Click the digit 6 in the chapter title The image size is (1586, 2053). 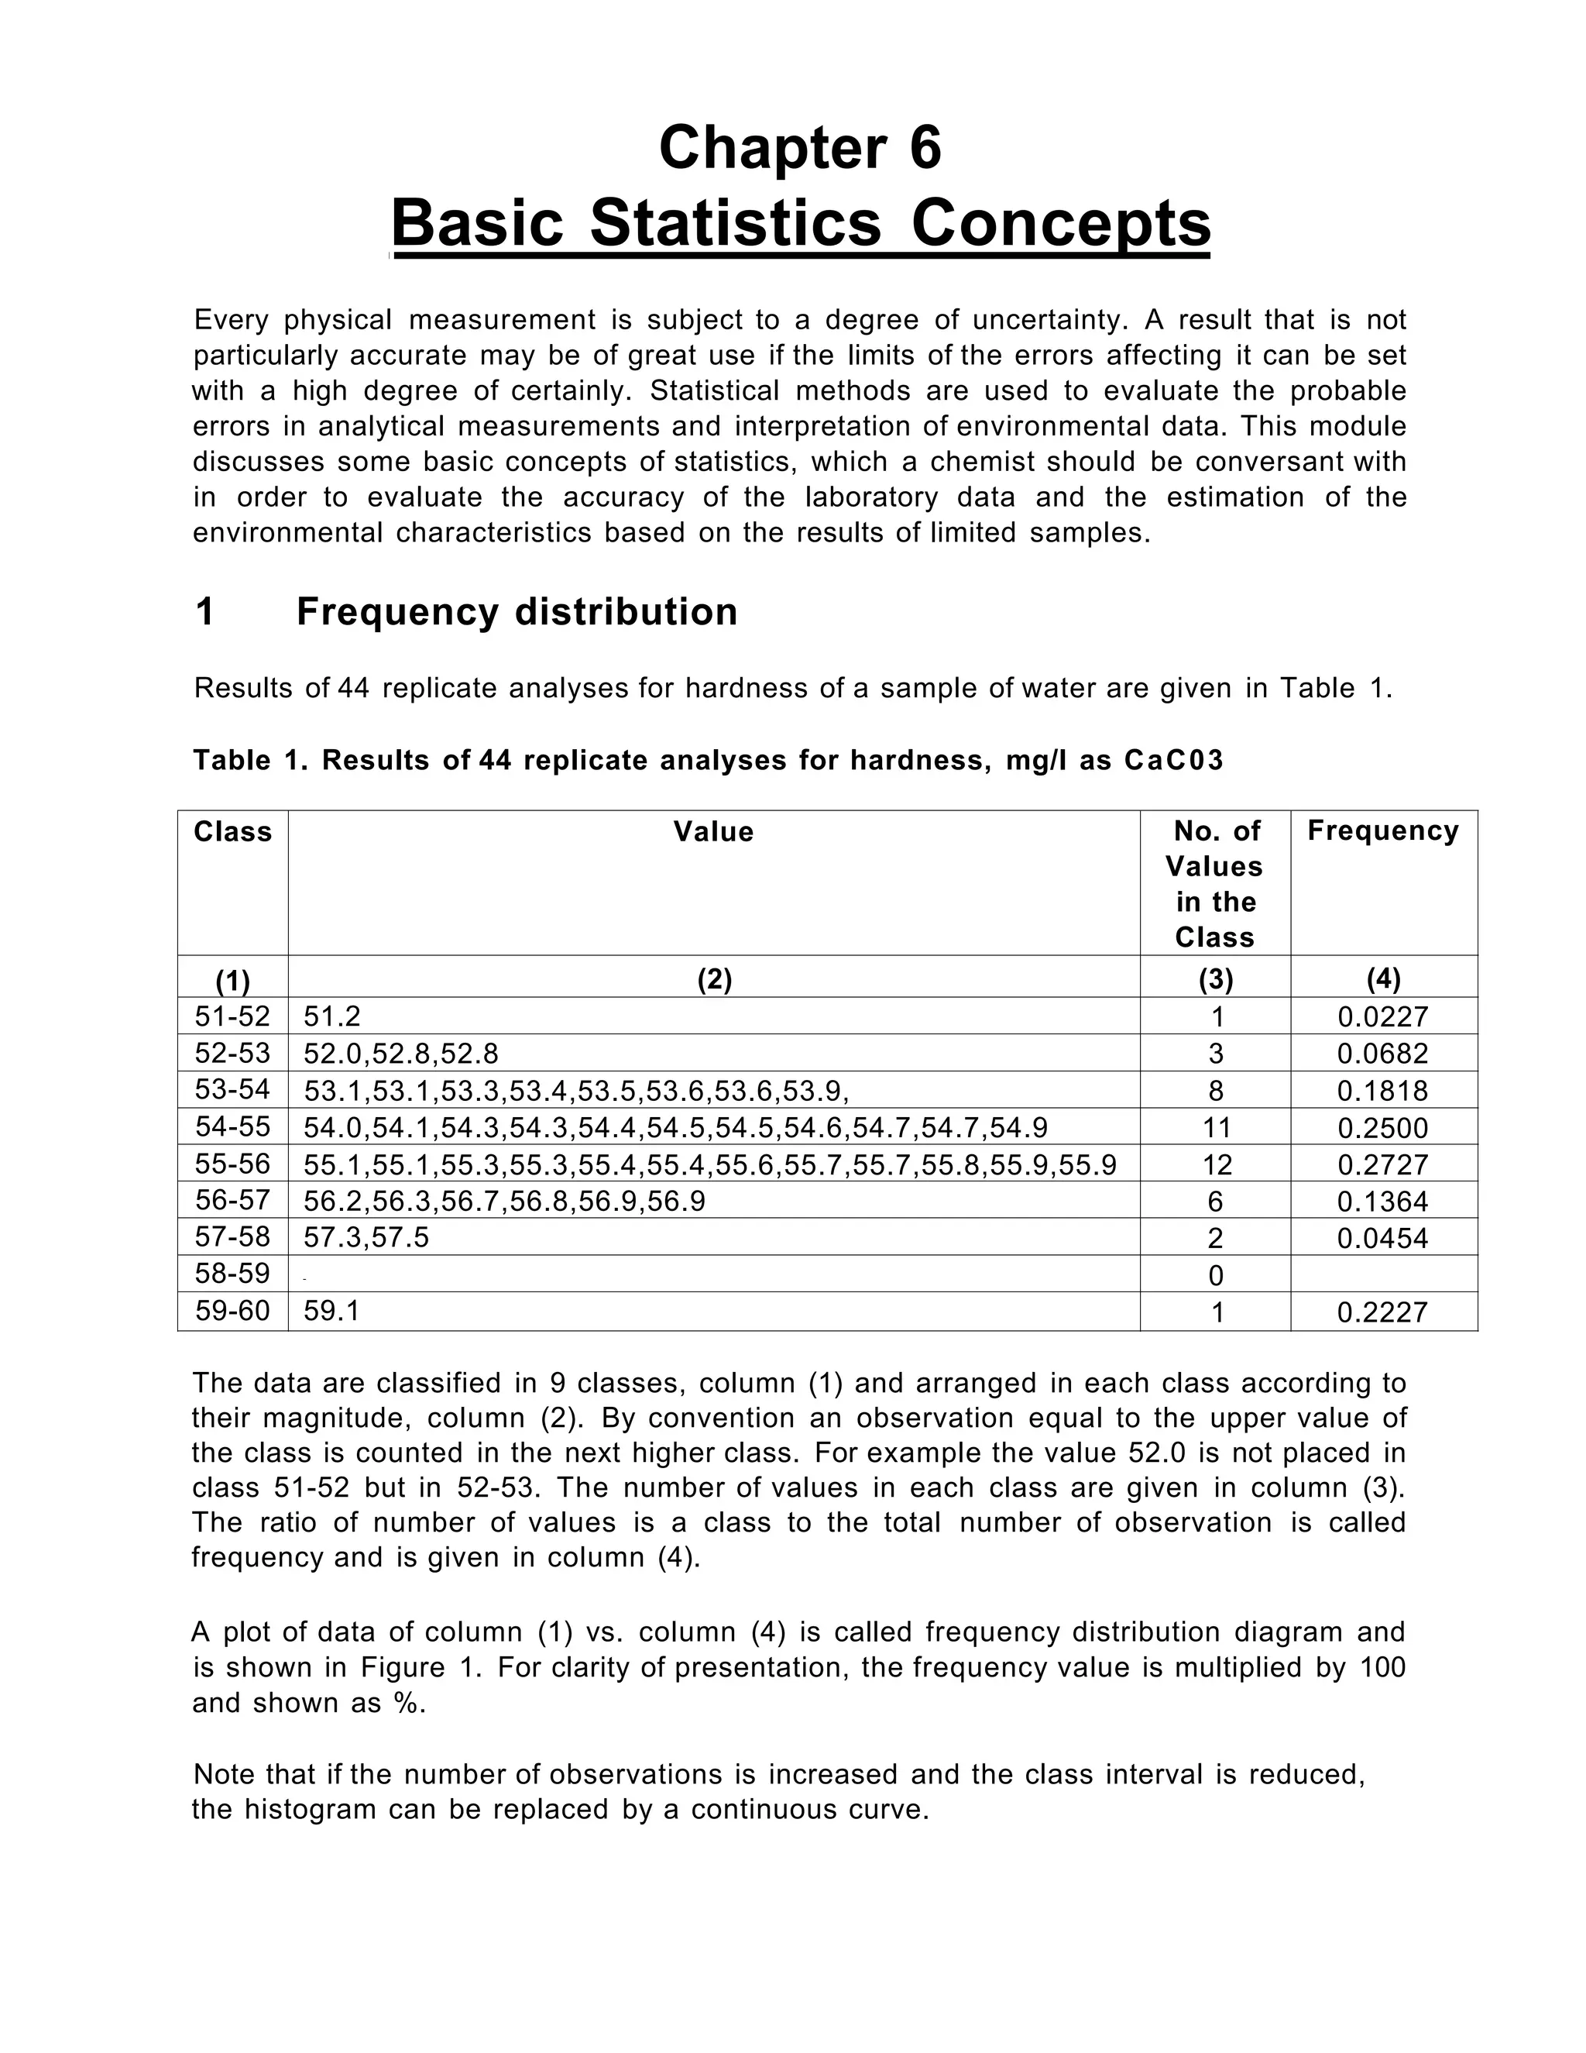click(925, 149)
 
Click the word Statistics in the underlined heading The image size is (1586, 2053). click(736, 224)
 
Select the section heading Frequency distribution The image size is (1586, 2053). click(517, 612)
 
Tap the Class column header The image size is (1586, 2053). click(232, 832)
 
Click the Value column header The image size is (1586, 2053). click(713, 832)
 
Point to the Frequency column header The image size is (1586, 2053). click(1382, 831)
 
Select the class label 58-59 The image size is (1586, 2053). click(232, 1274)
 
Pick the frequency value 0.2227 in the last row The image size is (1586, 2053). click(1382, 1312)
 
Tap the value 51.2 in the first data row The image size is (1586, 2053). click(331, 1017)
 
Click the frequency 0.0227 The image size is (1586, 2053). click(1382, 1017)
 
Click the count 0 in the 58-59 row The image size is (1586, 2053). click(1216, 1276)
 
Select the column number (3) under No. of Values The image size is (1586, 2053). click(1216, 981)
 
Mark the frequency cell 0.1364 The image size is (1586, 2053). click(1382, 1202)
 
